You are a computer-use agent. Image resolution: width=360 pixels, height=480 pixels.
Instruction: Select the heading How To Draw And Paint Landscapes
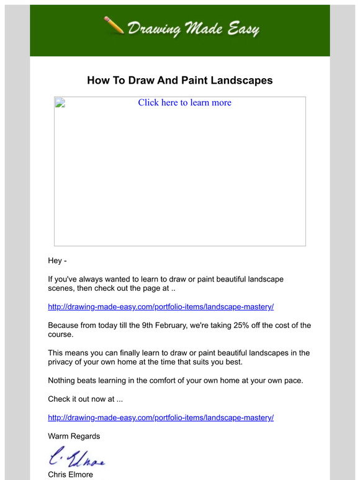179,81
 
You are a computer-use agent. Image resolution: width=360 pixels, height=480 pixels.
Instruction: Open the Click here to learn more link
184,103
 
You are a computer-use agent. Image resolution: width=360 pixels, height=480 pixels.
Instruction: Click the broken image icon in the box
60,102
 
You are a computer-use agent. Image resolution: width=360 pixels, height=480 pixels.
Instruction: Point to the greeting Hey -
57,260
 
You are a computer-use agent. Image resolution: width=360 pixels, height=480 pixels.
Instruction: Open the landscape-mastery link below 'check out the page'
161,307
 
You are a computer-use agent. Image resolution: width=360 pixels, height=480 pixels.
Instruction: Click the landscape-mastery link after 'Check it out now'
161,418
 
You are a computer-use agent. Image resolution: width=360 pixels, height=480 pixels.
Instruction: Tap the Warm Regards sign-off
74,436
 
